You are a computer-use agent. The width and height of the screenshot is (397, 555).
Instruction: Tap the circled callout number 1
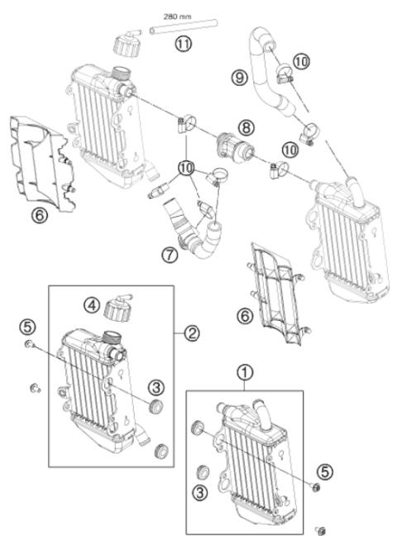click(244, 373)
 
